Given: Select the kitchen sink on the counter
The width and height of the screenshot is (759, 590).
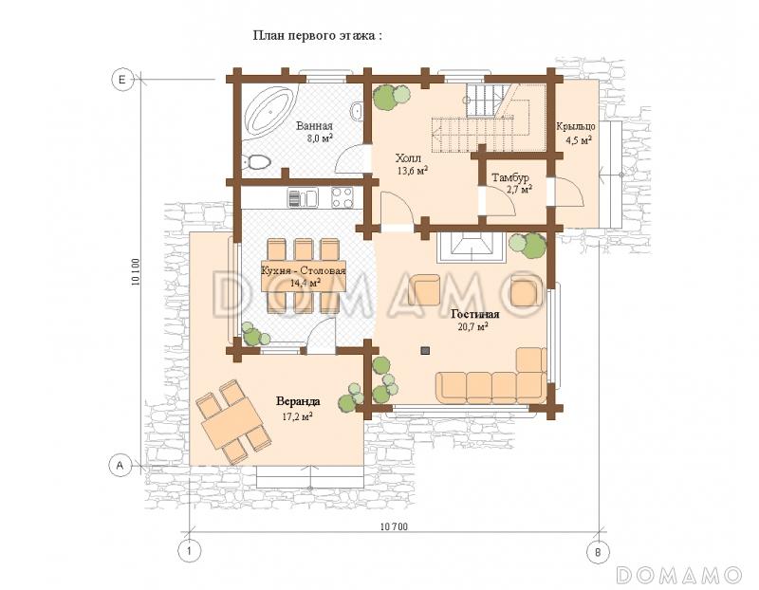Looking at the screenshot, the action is click(302, 197).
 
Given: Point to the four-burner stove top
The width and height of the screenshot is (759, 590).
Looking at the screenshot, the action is click(342, 197).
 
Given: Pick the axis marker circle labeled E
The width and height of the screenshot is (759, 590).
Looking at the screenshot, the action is click(122, 79).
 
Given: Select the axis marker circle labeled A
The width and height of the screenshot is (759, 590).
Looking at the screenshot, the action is click(120, 466).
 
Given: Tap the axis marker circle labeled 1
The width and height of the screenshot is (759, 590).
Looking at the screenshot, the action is click(189, 551).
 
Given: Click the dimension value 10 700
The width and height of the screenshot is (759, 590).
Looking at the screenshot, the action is click(394, 526).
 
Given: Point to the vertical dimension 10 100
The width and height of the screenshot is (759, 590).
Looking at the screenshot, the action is click(136, 272).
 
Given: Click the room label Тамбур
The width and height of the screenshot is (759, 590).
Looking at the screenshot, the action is click(510, 177).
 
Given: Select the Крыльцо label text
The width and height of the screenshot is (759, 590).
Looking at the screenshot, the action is click(576, 126).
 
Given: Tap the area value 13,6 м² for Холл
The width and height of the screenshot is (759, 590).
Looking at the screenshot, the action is click(412, 170).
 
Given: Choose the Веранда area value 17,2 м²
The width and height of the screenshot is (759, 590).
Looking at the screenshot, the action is click(296, 415).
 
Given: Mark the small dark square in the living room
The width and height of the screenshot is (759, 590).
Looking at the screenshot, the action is click(425, 350).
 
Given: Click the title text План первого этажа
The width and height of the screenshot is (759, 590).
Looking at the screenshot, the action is click(318, 35).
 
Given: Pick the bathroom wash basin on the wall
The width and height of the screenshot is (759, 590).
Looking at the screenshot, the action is click(357, 110).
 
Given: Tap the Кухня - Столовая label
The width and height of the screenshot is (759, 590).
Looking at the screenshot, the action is click(304, 270).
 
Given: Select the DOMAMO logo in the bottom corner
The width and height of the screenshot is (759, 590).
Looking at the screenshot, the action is click(679, 574).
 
